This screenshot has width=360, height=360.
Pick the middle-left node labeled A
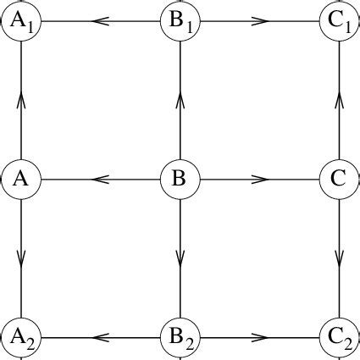(x=20, y=180)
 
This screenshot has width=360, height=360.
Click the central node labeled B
(x=180, y=180)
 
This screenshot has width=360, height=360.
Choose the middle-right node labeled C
(x=339, y=180)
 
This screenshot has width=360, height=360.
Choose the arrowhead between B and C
(x=259, y=180)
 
